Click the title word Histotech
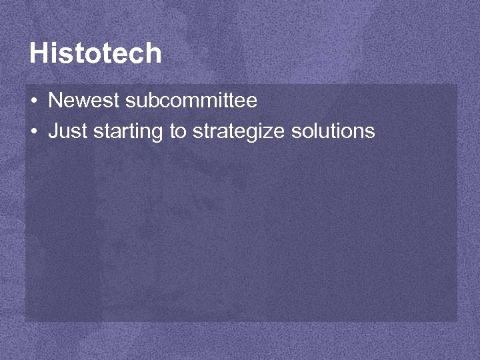95,53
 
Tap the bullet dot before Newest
33,101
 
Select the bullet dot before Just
33,131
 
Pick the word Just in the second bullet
68,131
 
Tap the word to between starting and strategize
177,131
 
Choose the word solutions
333,131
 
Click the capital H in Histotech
39,53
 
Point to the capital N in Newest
55,101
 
